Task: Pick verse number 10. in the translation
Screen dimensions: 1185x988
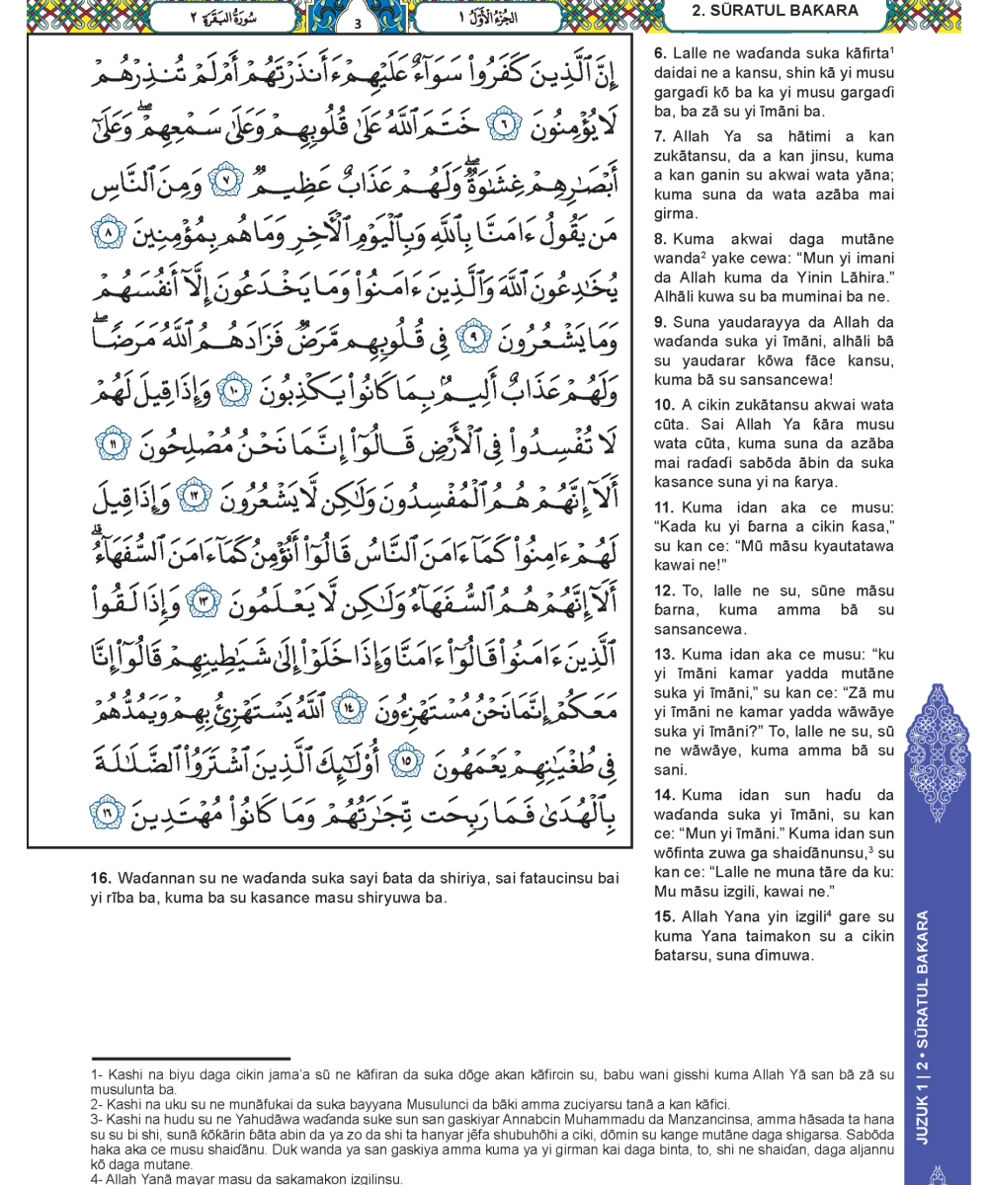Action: tap(663, 405)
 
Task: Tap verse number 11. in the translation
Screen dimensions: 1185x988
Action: tap(663, 507)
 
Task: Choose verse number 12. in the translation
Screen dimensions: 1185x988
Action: tap(663, 591)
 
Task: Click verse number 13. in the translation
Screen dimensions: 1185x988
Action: tap(663, 657)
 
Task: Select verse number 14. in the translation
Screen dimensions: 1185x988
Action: tap(663, 794)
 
